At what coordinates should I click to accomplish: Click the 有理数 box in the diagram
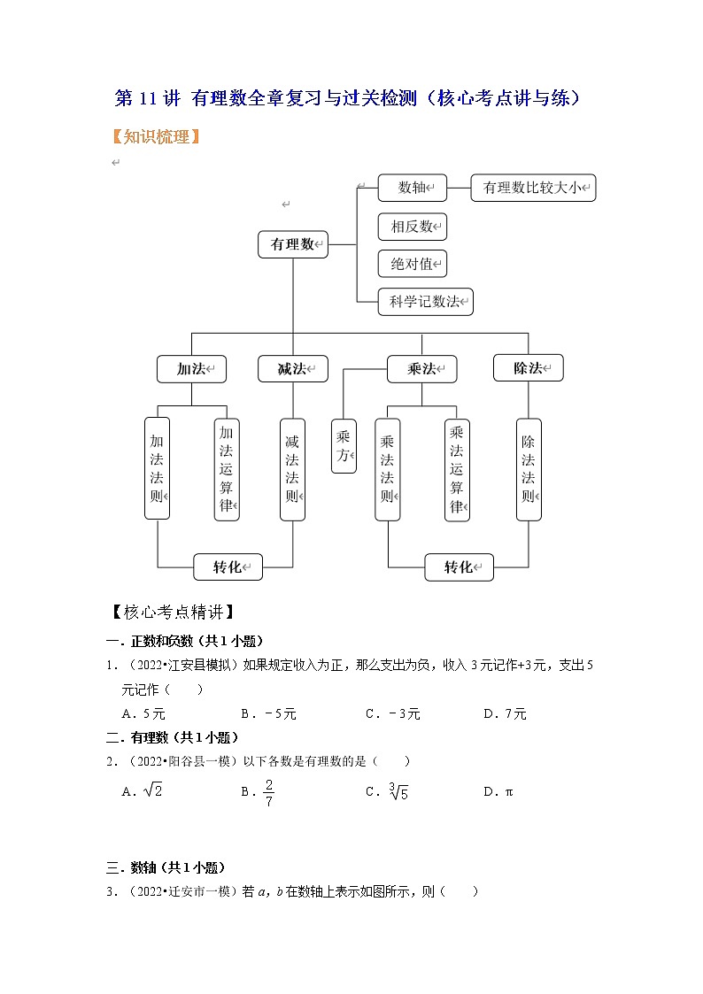[293, 244]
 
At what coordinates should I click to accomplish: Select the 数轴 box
[411, 188]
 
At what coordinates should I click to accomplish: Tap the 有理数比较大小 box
[533, 188]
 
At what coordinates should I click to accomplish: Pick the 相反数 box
[411, 227]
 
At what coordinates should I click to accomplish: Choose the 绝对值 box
[411, 264]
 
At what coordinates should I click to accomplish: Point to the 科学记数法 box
[425, 302]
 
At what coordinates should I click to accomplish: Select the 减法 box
[293, 369]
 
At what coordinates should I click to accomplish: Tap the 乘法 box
[421, 369]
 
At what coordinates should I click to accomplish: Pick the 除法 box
[528, 368]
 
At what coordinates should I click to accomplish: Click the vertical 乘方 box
[344, 447]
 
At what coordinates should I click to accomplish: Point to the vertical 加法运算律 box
[227, 469]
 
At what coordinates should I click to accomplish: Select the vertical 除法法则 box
[529, 469]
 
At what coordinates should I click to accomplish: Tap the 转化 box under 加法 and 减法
[228, 566]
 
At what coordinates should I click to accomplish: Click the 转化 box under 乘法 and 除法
[459, 567]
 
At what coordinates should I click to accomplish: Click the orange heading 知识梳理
[156, 137]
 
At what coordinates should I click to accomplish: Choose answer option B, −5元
[266, 713]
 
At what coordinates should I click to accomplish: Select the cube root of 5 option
[399, 791]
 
